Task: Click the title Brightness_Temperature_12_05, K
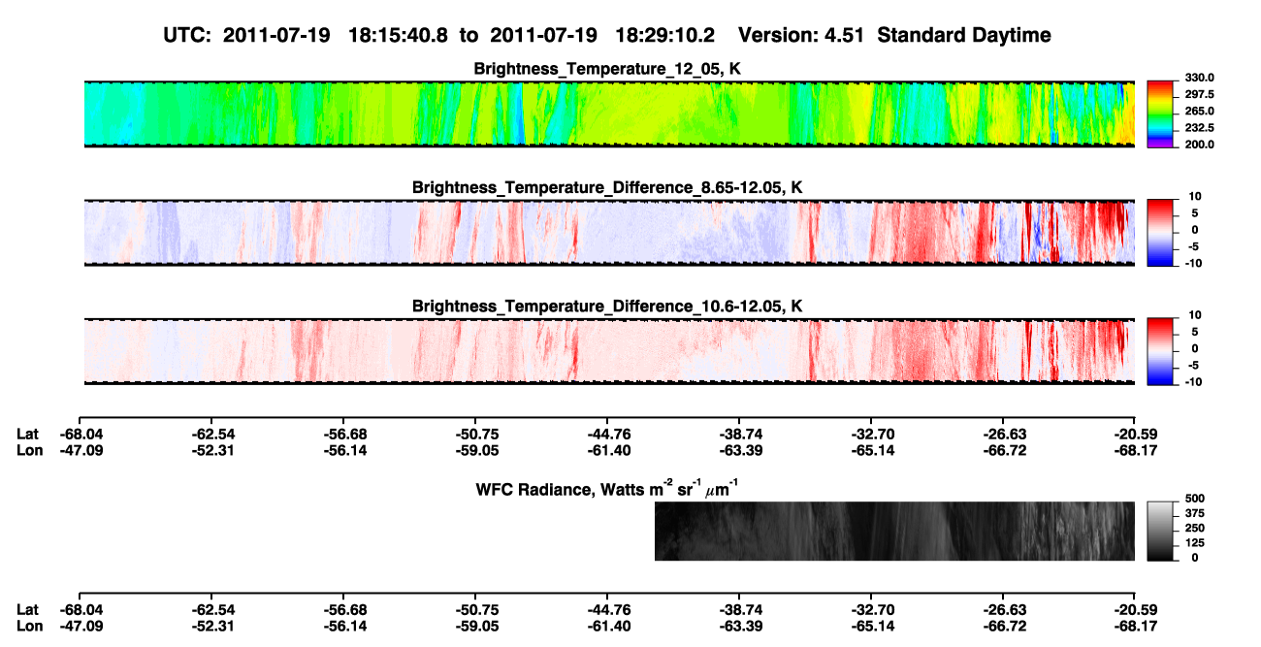[x=607, y=69]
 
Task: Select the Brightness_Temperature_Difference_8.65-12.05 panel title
[x=607, y=187]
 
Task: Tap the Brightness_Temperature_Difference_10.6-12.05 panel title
[x=607, y=307]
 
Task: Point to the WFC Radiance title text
[x=607, y=489]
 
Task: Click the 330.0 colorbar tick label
[x=1199, y=78]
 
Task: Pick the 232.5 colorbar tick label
[x=1199, y=128]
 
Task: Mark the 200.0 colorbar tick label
[x=1199, y=145]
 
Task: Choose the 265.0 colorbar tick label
[x=1199, y=111]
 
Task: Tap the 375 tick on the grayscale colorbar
[x=1195, y=513]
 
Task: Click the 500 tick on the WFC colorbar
[x=1195, y=499]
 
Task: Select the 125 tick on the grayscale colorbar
[x=1195, y=543]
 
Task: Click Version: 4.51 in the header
[x=801, y=36]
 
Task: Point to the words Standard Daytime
[x=964, y=36]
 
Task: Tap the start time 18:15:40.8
[x=398, y=36]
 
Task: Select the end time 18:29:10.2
[x=664, y=36]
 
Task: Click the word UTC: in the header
[x=187, y=36]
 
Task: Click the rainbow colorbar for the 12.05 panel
[x=1160, y=114]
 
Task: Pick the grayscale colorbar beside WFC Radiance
[x=1160, y=531]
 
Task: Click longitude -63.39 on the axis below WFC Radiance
[x=741, y=627]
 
